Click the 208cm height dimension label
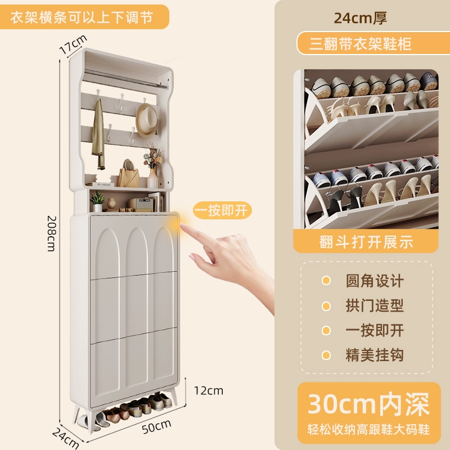coord(51,233)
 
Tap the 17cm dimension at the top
coord(73,44)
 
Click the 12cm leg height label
coord(209,390)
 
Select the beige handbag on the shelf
coord(129,174)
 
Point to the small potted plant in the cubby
coord(97,201)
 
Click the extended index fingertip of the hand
coord(182,226)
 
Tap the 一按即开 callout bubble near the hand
coord(222,210)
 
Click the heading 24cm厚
coord(361,18)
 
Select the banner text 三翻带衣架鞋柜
coord(361,44)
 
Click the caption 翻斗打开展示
coord(366,242)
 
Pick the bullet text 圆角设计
coord(375,281)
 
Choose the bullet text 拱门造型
coord(375,305)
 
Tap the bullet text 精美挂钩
coord(375,355)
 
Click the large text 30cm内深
coord(368,404)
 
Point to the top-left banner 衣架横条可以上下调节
coord(82,17)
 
